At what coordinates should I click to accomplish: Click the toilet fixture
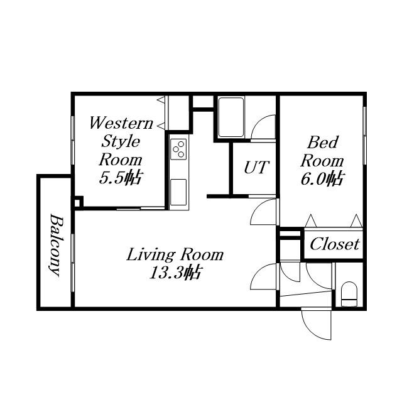click(349, 294)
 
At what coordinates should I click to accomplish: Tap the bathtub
click(231, 117)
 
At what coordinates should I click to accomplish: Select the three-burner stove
click(178, 149)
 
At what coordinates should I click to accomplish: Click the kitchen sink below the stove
click(178, 192)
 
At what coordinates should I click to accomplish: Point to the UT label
click(256, 168)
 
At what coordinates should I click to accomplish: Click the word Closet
click(335, 244)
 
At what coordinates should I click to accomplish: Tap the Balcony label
click(57, 246)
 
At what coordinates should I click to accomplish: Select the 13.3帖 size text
click(175, 272)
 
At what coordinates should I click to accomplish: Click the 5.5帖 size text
click(121, 178)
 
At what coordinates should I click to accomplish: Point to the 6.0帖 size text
click(322, 178)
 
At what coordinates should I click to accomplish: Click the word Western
click(121, 123)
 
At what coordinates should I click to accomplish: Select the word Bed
click(323, 143)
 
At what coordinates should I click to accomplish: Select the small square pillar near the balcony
click(78, 202)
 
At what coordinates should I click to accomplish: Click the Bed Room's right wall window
click(364, 135)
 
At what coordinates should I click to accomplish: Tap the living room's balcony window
click(73, 263)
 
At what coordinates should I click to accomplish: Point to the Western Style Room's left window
click(73, 140)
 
